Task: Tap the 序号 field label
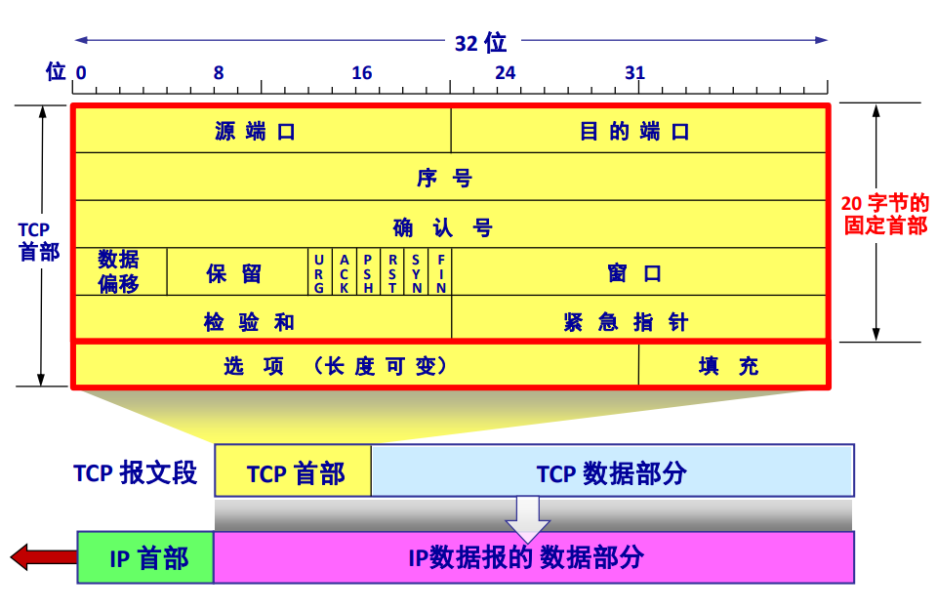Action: click(x=450, y=178)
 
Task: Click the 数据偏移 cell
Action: click(x=120, y=271)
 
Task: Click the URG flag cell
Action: click(x=320, y=272)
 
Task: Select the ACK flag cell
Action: click(x=344, y=272)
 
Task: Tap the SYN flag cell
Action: click(x=416, y=272)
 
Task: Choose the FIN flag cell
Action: click(x=440, y=272)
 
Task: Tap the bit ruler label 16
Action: click(x=362, y=73)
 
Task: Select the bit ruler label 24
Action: click(x=505, y=73)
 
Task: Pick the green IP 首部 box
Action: click(x=145, y=557)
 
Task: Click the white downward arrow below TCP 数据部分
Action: click(x=528, y=517)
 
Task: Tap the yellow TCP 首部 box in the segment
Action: click(x=293, y=471)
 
